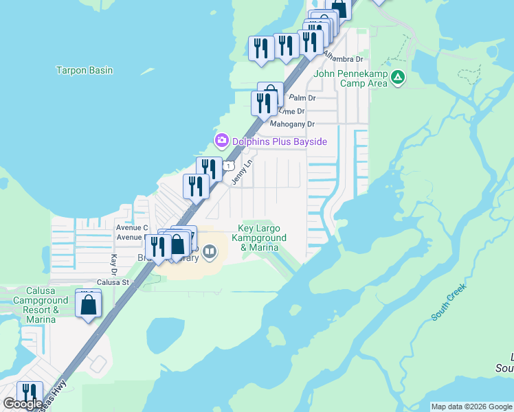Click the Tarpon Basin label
[x=85, y=70]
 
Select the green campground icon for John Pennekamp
[x=398, y=79]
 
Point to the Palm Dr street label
[x=302, y=98]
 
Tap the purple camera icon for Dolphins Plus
[x=221, y=141]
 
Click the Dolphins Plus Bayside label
[x=279, y=141]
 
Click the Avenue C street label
[x=132, y=227]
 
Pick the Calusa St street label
[x=113, y=282]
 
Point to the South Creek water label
[x=449, y=302]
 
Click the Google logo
[x=23, y=404]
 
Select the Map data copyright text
[x=471, y=407]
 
